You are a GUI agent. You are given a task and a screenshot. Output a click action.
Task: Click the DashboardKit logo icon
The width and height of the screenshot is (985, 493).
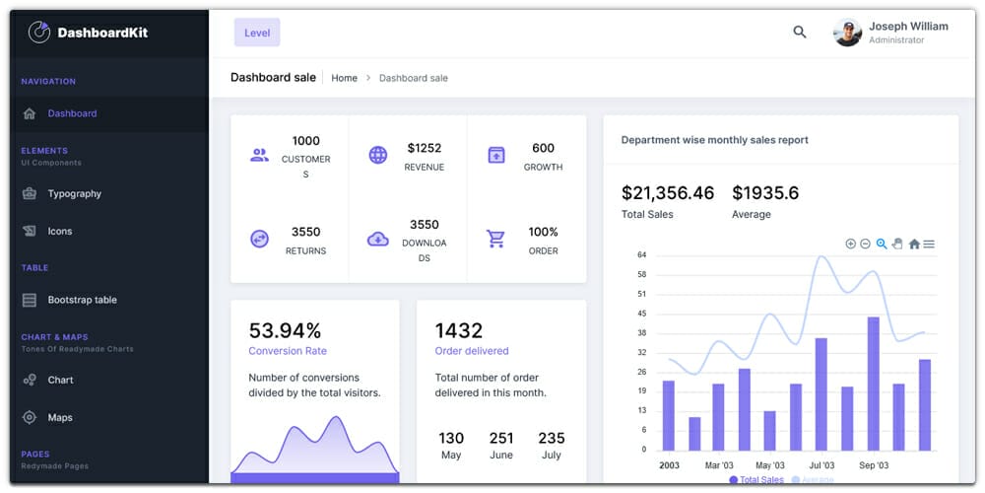(38, 33)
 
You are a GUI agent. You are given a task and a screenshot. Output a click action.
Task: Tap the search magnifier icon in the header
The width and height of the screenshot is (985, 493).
(800, 33)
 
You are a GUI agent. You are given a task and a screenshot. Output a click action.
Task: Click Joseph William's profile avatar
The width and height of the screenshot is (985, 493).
(847, 33)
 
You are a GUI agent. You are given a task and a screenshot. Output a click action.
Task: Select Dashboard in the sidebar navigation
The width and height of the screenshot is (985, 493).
(72, 113)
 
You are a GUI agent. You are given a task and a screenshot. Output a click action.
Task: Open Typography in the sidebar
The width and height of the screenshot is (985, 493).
(74, 194)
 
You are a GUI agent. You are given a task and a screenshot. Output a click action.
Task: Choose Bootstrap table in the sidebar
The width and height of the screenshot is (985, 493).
(82, 300)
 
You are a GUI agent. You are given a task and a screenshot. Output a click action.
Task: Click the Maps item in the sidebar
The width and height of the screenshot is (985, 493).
(60, 418)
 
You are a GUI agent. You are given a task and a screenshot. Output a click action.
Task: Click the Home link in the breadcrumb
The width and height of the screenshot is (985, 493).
(344, 78)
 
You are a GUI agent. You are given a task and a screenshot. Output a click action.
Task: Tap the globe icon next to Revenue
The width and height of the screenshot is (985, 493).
(378, 155)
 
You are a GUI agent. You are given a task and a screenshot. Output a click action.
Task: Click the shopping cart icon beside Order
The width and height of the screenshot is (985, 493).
(496, 239)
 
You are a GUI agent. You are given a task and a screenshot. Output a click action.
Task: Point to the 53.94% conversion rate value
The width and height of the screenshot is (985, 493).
(285, 330)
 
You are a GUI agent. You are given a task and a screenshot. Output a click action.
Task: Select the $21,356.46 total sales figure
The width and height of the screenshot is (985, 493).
(667, 193)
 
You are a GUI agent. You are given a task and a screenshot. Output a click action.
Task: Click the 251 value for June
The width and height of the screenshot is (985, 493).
(501, 438)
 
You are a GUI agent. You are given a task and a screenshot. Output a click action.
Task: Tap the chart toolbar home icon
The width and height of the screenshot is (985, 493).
(914, 244)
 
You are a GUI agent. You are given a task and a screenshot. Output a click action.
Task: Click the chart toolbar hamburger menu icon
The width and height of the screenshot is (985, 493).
(929, 244)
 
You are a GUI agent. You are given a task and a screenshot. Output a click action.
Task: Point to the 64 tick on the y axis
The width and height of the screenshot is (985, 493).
(641, 255)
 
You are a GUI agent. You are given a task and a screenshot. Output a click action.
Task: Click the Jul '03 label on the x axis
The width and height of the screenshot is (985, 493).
(821, 465)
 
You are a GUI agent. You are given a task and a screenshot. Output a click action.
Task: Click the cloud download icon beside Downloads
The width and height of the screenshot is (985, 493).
(378, 239)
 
